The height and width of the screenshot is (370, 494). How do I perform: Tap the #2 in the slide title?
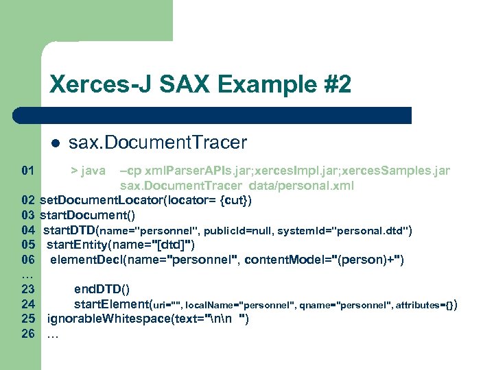click(x=336, y=85)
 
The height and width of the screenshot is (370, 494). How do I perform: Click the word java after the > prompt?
click(x=93, y=170)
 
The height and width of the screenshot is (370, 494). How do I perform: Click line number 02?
click(x=28, y=201)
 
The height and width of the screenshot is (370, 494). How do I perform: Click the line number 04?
click(x=28, y=230)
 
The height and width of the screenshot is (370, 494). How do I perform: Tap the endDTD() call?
click(x=102, y=288)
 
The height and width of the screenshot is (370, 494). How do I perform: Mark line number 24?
click(x=28, y=304)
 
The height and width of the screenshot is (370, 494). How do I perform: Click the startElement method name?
click(x=110, y=304)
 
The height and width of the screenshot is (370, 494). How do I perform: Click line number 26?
click(x=28, y=334)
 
